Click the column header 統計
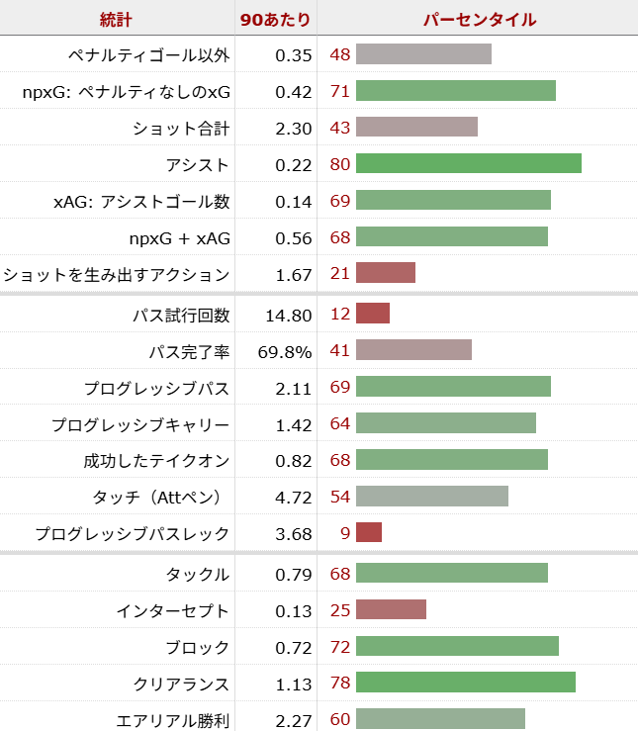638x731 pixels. [116, 19]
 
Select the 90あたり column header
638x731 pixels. [276, 19]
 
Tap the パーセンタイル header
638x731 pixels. [480, 19]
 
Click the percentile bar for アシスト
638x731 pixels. [468, 164]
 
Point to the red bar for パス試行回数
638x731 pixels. [372, 315]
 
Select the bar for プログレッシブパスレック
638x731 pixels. [368, 533]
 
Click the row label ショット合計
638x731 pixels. [180, 128]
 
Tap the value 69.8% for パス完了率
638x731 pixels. [285, 351]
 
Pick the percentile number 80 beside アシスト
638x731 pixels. [339, 164]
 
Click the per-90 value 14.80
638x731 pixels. [289, 315]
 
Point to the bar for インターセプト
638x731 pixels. [391, 610]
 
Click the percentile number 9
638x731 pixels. [345, 533]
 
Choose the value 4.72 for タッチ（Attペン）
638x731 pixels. [294, 497]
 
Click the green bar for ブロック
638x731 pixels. [457, 647]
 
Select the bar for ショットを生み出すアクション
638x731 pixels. [385, 274]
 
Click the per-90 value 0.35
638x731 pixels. [294, 54]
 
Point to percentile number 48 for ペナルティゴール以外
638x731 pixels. [339, 54]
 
